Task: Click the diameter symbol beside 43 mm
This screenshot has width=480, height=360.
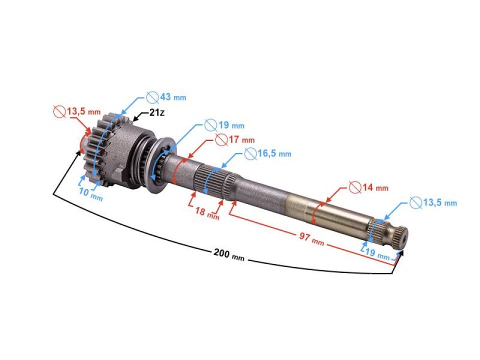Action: (x=152, y=96)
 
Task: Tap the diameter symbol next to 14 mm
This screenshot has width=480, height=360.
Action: (x=355, y=187)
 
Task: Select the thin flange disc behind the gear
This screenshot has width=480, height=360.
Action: (x=162, y=165)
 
